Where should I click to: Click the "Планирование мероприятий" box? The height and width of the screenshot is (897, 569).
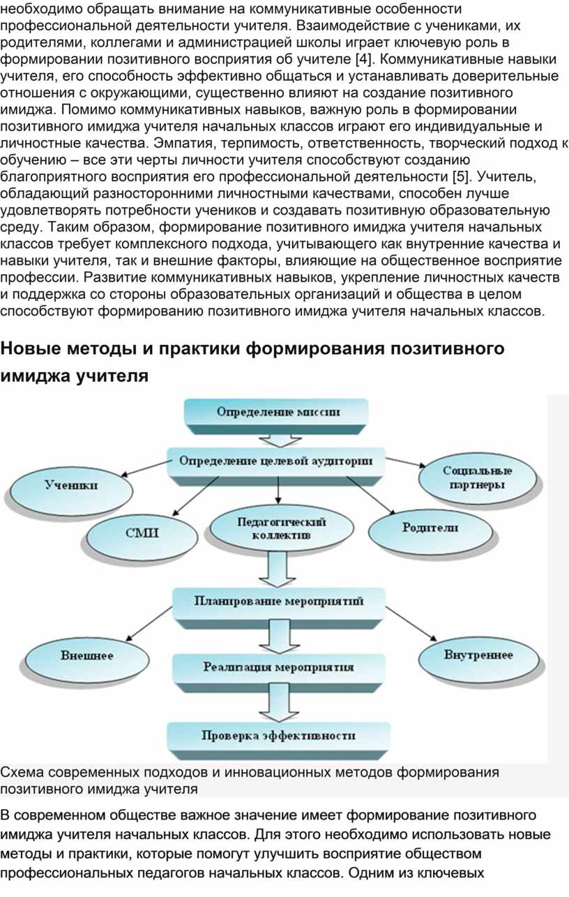(x=279, y=606)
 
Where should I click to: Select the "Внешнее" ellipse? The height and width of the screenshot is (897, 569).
(x=87, y=661)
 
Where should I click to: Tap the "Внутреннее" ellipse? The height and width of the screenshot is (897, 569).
(x=478, y=661)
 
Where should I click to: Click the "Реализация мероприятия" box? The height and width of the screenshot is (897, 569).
(x=279, y=673)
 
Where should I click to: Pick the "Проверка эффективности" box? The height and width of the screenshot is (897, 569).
(x=278, y=741)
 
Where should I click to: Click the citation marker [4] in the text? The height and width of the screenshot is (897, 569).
(x=364, y=59)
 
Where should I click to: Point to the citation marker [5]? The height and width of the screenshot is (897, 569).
(x=461, y=176)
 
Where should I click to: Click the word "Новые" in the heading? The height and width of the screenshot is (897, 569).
(x=29, y=348)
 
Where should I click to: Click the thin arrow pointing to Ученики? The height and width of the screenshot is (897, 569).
(x=146, y=468)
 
